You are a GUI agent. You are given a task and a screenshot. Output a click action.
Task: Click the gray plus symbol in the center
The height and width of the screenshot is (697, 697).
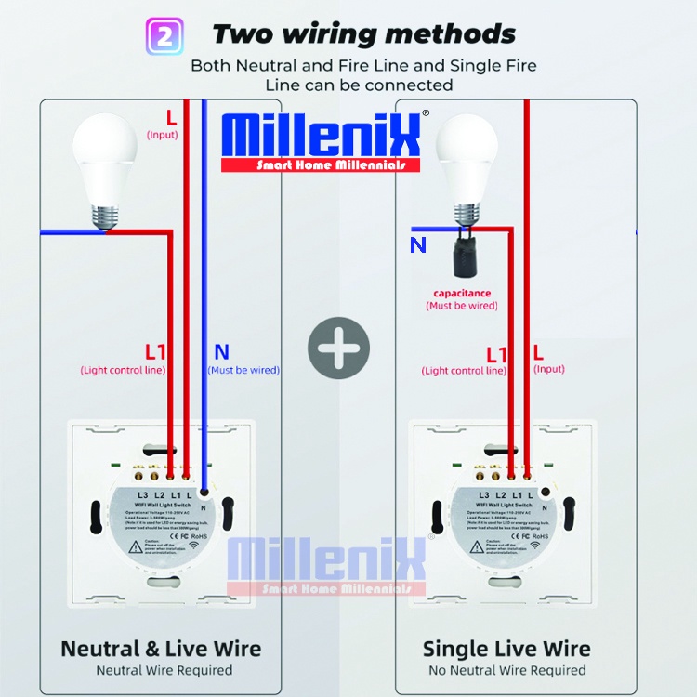coord(339,348)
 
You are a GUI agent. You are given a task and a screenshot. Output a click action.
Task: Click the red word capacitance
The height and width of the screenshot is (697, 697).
coord(462,293)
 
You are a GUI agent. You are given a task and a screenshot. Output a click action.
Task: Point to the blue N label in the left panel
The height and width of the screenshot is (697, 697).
coord(221,352)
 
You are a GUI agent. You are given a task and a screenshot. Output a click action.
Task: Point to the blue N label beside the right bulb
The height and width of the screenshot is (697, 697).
coord(418,245)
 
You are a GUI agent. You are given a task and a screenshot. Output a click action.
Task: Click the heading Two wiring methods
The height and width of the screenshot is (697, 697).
coord(363,35)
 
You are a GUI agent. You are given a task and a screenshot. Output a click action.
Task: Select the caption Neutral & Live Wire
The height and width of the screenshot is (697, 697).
coord(161,648)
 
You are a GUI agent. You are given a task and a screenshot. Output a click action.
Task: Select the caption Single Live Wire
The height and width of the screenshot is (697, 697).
coord(506,648)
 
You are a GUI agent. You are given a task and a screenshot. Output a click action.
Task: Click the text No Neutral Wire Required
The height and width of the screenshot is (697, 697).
coord(506,670)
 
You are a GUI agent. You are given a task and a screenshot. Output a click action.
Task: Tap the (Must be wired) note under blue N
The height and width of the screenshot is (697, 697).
coord(243,370)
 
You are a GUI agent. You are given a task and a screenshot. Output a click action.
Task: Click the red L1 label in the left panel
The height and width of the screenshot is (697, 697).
coord(155,352)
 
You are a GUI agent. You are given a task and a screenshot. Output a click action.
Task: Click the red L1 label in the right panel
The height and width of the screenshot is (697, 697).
coord(497,354)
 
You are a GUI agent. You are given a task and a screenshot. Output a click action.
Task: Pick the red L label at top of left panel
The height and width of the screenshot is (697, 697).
coord(170,117)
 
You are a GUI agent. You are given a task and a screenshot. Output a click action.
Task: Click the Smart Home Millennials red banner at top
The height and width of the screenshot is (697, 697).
coord(331,165)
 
